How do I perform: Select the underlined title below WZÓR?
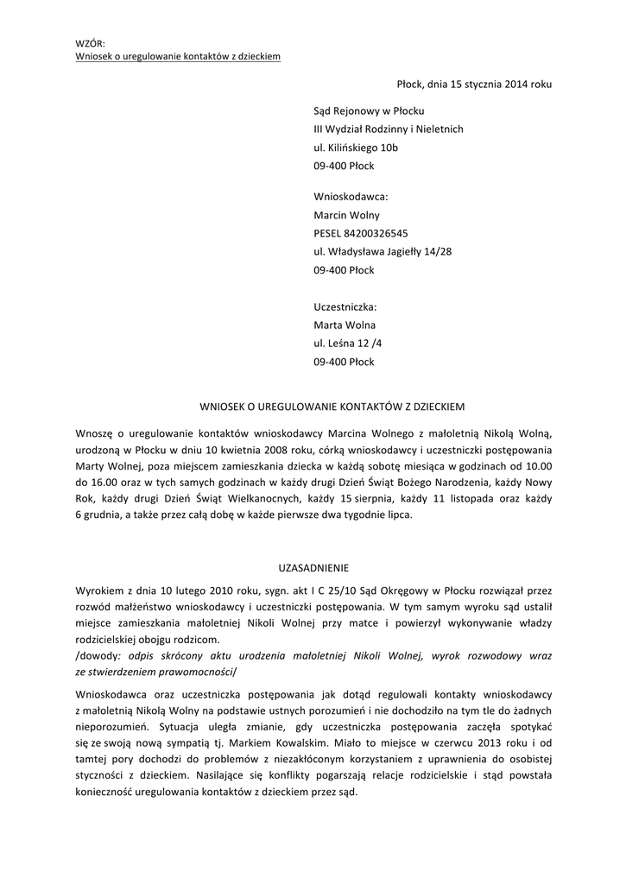pos(177,56)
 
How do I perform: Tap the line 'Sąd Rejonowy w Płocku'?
pos(369,110)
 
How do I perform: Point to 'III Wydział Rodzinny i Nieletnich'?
pos(388,129)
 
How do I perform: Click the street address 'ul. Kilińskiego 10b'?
pos(356,148)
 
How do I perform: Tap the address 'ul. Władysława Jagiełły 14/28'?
pos(383,251)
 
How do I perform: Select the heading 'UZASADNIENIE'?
pos(313,568)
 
